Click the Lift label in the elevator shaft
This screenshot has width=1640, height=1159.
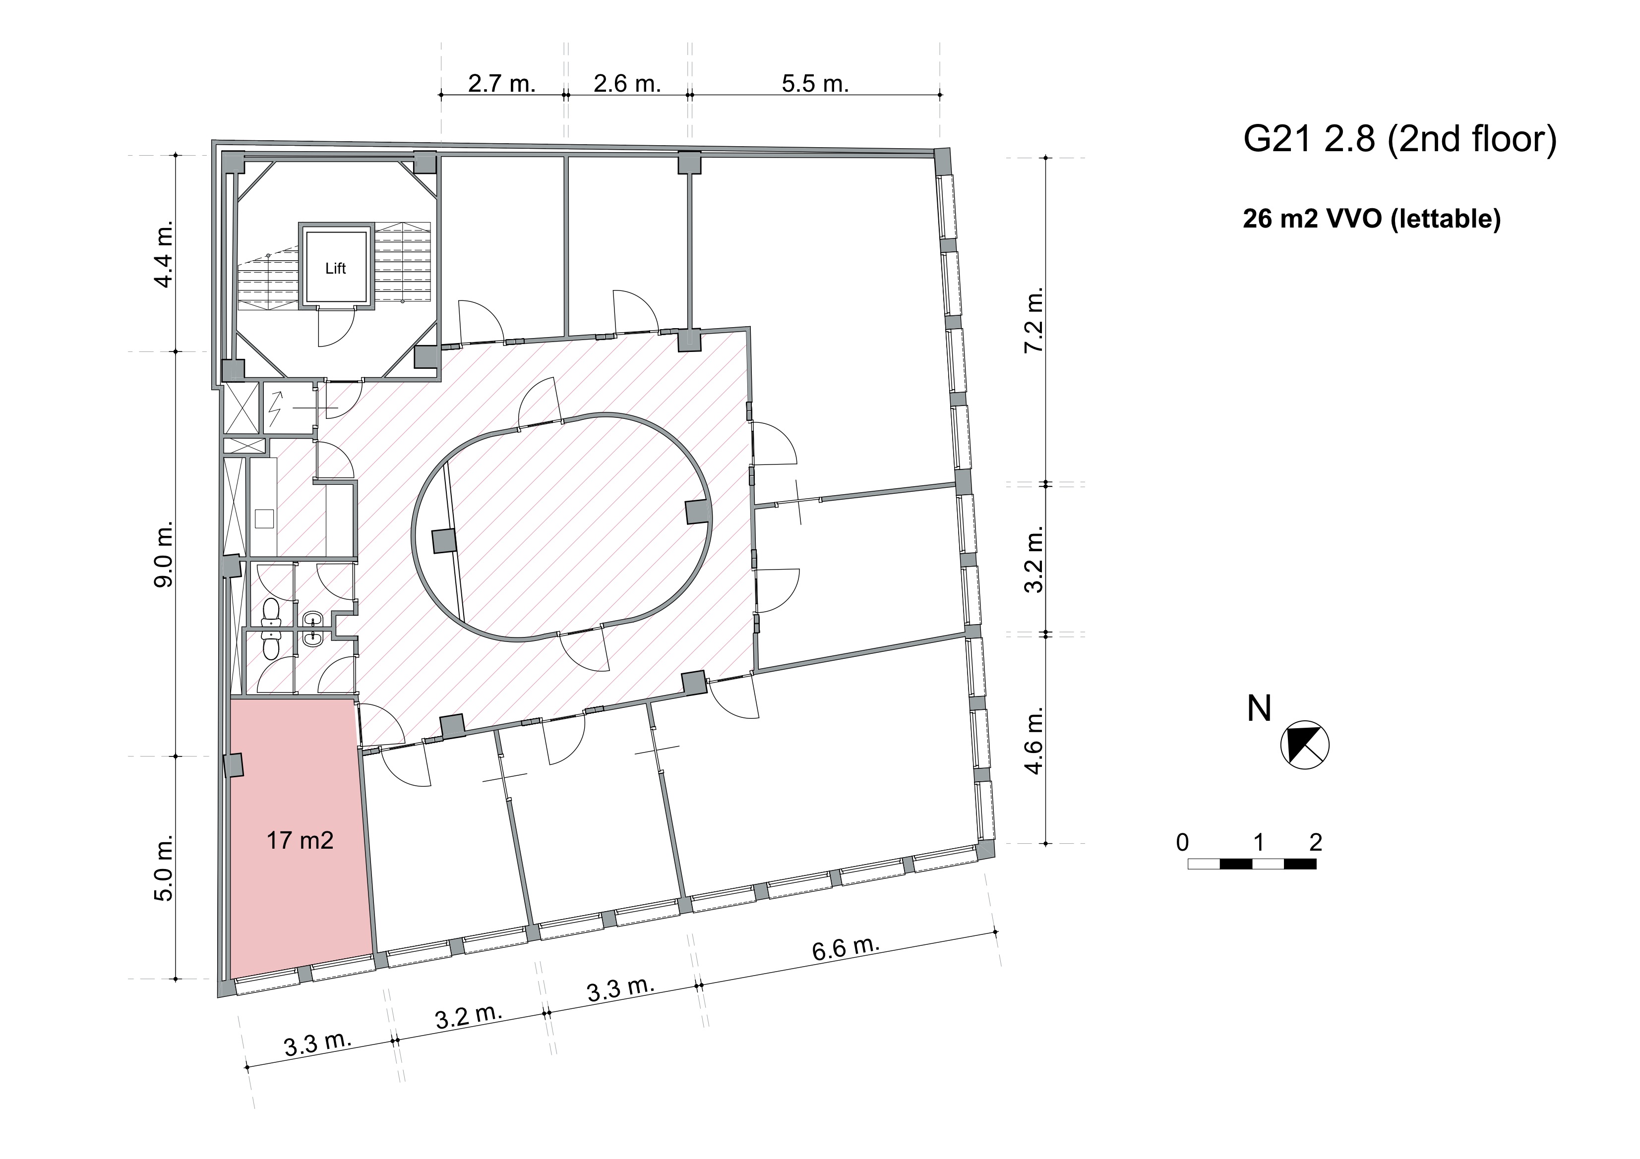click(x=335, y=269)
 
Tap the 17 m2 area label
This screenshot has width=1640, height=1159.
click(x=300, y=841)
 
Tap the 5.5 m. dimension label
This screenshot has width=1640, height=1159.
click(x=815, y=84)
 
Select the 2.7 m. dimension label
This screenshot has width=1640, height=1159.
click(x=501, y=84)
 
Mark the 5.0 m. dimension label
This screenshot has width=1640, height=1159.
click(x=164, y=868)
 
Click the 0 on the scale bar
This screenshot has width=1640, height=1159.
click(x=1183, y=843)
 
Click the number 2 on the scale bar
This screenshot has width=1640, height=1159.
click(x=1316, y=843)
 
